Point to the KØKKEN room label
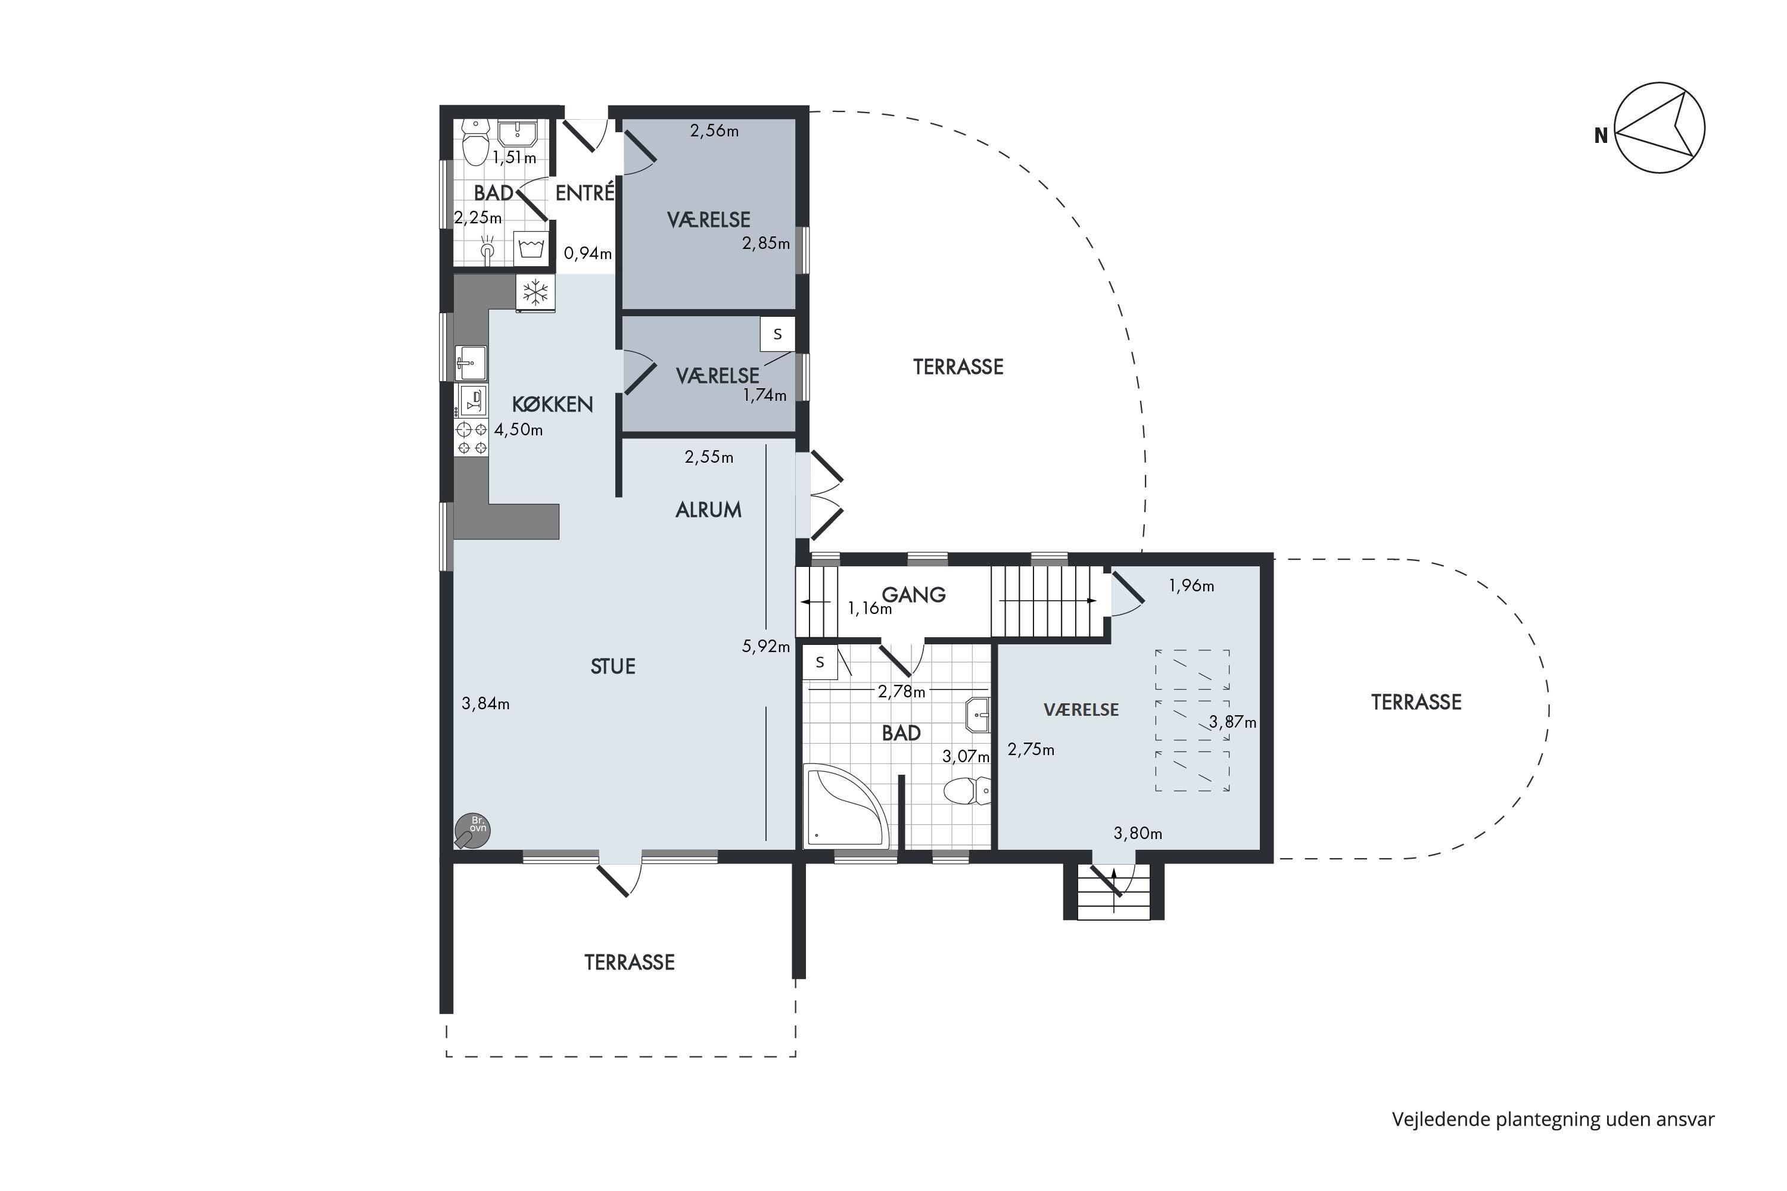552,404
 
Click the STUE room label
612,666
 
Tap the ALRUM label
708,510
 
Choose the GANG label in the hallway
913,595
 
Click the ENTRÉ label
584,192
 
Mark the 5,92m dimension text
766,646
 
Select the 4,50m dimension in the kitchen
519,430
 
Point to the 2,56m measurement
714,130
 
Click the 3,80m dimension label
1137,833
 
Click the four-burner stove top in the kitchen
471,438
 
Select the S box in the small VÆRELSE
777,334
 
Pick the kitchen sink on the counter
471,362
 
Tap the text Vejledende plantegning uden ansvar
1553,1119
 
